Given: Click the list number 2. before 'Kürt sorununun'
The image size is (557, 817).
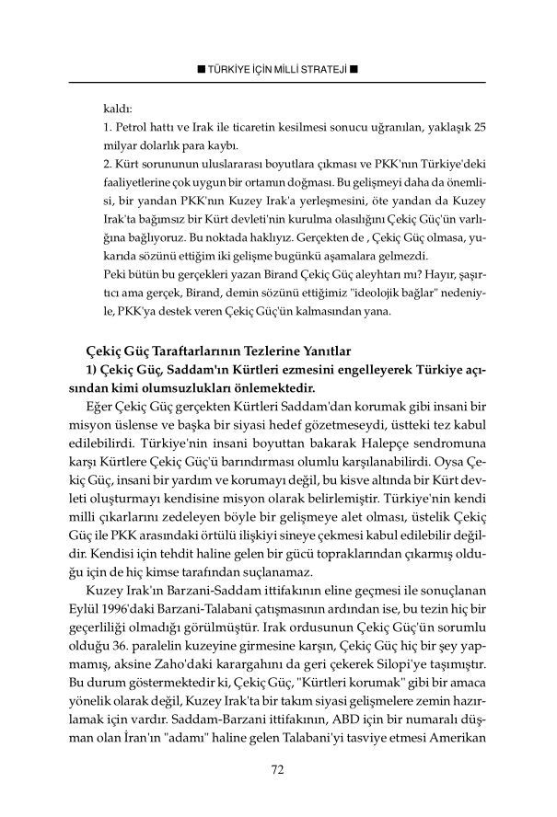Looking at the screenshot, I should (108, 163).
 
